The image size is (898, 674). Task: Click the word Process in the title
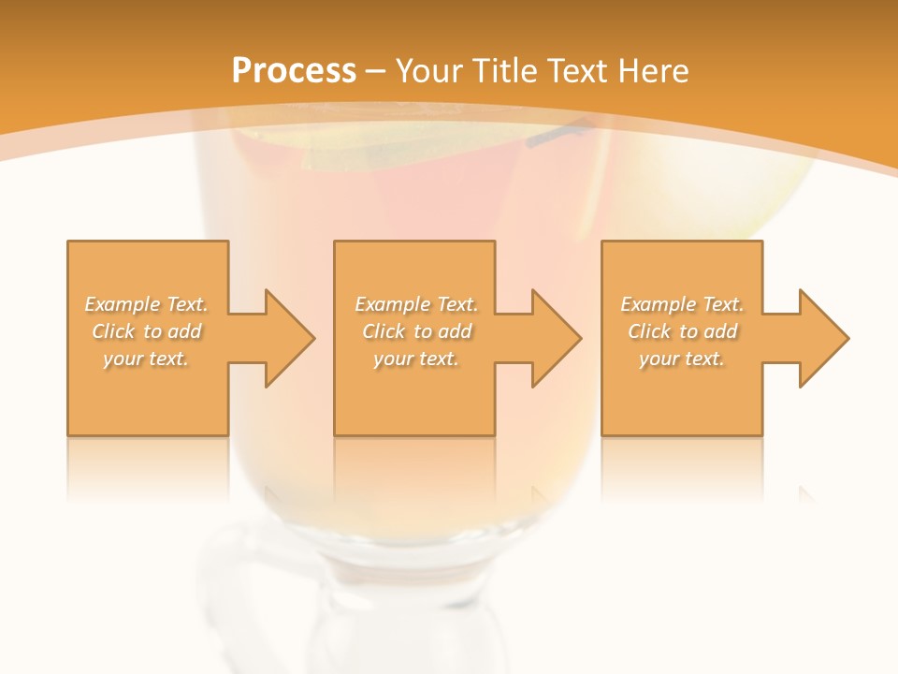[294, 71]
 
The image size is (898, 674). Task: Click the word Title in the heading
[507, 71]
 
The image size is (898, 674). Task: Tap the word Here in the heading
[651, 71]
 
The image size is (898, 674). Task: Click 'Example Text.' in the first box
[147, 304]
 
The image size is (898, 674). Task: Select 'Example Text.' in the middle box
[416, 304]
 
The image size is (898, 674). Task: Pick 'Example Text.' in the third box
[682, 304]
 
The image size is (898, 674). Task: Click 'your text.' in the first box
[147, 359]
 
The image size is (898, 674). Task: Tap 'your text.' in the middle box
[416, 359]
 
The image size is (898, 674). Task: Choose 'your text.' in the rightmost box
[682, 359]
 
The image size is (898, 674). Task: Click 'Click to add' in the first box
[147, 331]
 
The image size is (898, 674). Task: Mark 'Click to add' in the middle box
[416, 331]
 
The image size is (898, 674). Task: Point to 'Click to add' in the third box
[682, 331]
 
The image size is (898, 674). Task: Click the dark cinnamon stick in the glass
[559, 136]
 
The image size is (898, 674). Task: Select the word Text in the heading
[577, 71]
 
